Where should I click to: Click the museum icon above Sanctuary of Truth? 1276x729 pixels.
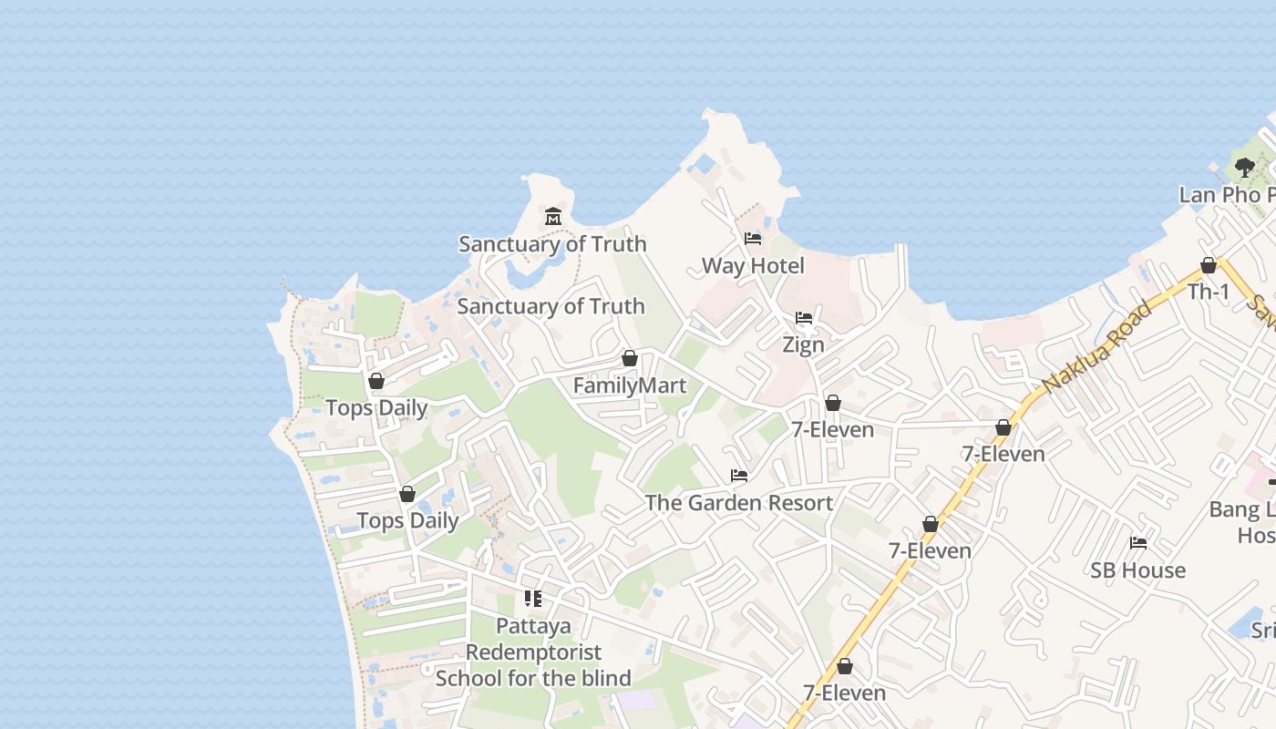click(552, 217)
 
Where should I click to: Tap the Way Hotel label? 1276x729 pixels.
click(753, 266)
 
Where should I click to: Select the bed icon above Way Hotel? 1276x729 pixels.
click(753, 239)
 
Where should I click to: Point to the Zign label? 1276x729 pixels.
click(803, 344)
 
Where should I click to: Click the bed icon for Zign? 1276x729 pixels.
click(803, 318)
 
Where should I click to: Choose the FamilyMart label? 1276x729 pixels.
click(629, 385)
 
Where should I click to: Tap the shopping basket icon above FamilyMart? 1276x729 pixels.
click(629, 358)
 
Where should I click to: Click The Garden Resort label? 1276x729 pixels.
click(738, 503)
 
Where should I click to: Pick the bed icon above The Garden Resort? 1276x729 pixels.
click(738, 476)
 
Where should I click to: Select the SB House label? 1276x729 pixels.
click(1137, 570)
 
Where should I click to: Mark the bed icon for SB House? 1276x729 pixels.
click(1137, 543)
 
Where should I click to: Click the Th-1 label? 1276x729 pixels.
click(1209, 292)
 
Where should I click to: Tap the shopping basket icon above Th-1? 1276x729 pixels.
click(1209, 265)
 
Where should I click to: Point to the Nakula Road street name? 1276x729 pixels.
click(1097, 348)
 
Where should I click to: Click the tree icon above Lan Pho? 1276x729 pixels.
click(1244, 168)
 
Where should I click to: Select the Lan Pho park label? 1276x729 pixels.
click(1227, 195)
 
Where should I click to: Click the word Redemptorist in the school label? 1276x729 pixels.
click(533, 652)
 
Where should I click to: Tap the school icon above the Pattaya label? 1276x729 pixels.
click(533, 599)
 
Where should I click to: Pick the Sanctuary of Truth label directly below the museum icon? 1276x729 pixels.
click(552, 244)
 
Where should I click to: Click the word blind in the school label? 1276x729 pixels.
click(605, 678)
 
